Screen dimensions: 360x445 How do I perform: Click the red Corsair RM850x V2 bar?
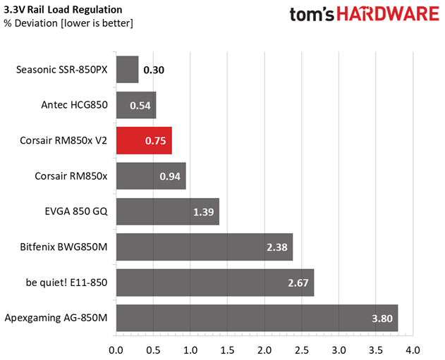coord(143,141)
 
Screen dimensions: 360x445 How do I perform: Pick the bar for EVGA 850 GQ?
coord(167,211)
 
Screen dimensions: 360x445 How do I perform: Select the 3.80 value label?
coord(383,318)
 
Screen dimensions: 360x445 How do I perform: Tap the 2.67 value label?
coord(299,283)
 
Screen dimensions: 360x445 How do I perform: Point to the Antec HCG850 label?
coord(75,105)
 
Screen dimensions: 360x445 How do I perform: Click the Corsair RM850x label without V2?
coord(71,176)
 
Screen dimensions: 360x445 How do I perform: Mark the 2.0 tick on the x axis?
coord(264,349)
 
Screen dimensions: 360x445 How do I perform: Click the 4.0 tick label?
coord(413,349)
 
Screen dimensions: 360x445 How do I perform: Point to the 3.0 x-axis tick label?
coord(339,349)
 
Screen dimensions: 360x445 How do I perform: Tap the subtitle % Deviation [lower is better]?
coord(68,23)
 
